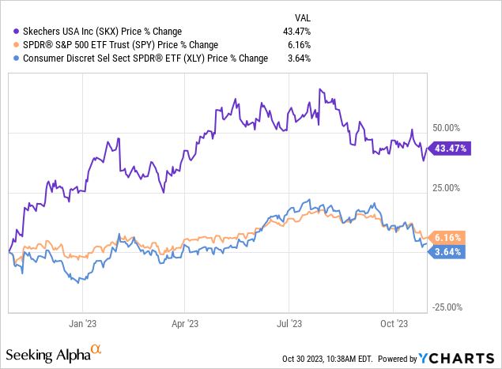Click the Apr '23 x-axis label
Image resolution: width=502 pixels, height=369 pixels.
point(184,322)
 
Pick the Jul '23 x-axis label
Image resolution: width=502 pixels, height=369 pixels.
point(289,322)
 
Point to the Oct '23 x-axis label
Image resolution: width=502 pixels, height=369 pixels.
point(393,322)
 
